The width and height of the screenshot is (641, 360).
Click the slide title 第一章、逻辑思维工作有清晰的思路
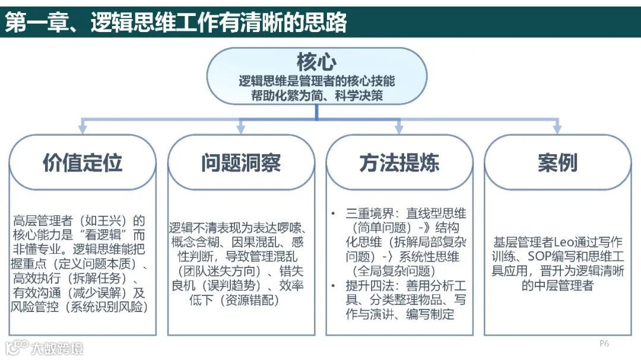point(176,23)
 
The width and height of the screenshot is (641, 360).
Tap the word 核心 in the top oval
point(316,62)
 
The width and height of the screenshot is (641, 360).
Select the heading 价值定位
point(82,163)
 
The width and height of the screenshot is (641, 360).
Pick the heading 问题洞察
point(241,163)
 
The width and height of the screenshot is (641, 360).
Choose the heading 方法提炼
point(399,163)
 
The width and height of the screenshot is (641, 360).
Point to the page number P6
point(604,343)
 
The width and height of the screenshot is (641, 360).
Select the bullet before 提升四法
point(334,286)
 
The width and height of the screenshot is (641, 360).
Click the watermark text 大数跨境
point(57,348)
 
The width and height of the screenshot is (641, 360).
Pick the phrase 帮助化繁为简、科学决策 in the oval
point(316,95)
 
